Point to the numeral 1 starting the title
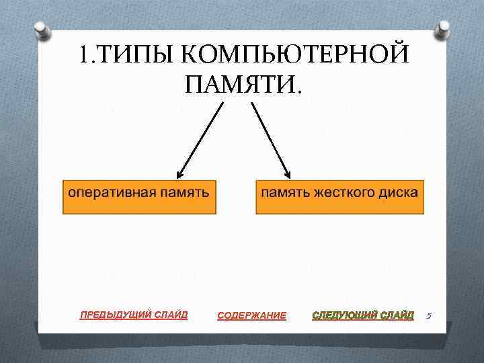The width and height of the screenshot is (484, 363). point(83,54)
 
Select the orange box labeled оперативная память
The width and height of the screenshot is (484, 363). point(140,196)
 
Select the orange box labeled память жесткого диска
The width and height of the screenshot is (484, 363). point(339,196)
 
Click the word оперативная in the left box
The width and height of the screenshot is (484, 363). point(111,192)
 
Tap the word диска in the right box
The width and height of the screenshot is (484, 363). point(399,192)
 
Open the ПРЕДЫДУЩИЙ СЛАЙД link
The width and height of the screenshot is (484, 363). point(134,314)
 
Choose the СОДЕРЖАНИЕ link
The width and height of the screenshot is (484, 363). point(251,315)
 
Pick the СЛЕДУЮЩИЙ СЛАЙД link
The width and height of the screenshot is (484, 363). point(363,315)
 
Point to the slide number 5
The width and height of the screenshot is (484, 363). point(428,315)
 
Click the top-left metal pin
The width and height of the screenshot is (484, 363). point(41,29)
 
